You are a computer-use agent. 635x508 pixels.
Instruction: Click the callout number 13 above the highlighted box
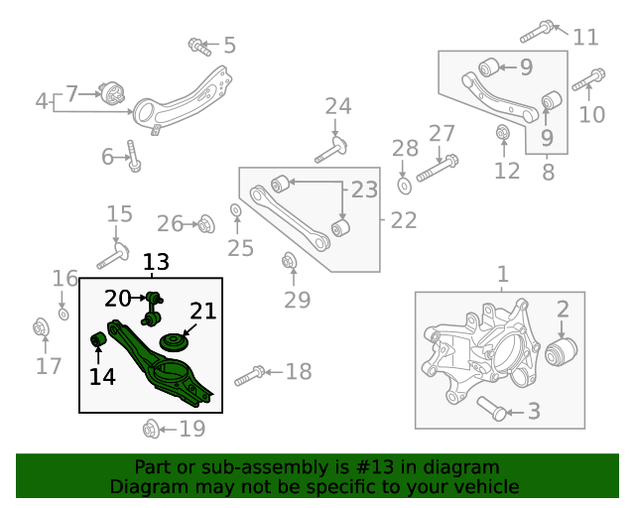point(156,263)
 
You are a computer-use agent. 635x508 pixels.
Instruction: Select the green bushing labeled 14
point(99,341)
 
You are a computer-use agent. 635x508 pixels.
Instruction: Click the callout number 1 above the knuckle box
point(502,274)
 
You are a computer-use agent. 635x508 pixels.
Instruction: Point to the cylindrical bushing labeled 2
point(563,351)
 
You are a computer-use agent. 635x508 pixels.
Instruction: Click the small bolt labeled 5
point(197,45)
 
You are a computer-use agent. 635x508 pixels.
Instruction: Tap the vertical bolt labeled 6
point(132,156)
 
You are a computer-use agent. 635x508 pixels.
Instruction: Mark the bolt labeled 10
point(588,77)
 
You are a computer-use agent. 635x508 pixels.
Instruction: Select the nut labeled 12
point(503,131)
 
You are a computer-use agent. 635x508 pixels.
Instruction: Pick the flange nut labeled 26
point(205,224)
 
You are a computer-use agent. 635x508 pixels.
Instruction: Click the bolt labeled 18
point(249,375)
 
